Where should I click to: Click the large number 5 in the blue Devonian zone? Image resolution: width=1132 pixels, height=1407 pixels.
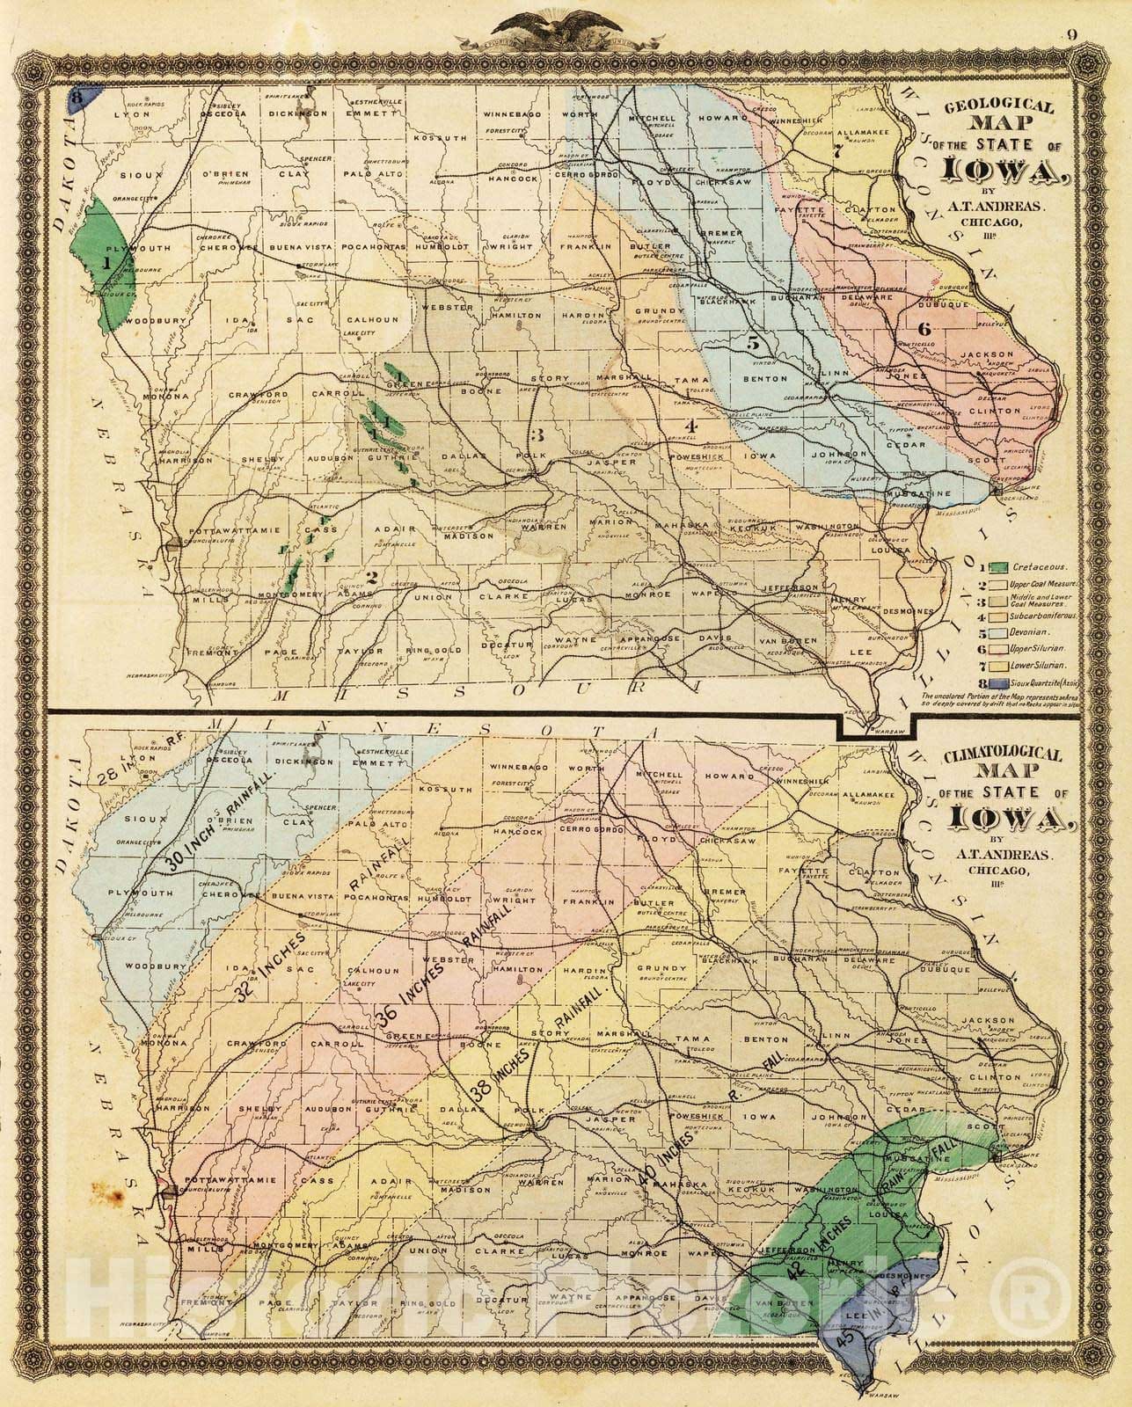point(753,344)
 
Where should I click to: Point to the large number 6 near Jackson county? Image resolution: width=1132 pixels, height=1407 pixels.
point(923,329)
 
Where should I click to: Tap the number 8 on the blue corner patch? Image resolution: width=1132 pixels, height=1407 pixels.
point(77,99)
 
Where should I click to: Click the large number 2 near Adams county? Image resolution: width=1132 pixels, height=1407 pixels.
point(372,578)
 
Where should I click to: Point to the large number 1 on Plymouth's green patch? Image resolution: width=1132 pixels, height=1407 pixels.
point(106,262)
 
